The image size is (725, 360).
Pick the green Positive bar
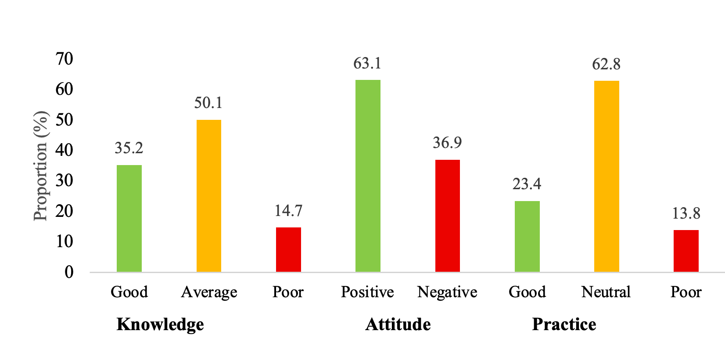pyautogui.click(x=368, y=176)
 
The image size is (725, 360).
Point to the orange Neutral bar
pyautogui.click(x=607, y=176)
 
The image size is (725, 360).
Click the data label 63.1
pyautogui.click(x=367, y=64)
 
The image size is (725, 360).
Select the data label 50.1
pyautogui.click(x=208, y=103)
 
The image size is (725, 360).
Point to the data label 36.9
pyautogui.click(x=447, y=143)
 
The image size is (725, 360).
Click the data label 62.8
pyautogui.click(x=606, y=65)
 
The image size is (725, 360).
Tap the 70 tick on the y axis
pyautogui.click(x=65, y=58)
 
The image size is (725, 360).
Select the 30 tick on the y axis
pyautogui.click(x=65, y=180)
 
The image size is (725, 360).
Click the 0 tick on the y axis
pyautogui.click(x=69, y=272)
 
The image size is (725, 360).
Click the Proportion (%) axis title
pyautogui.click(x=40, y=166)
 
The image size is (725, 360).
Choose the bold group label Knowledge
pyautogui.click(x=160, y=324)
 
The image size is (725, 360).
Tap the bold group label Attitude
pyautogui.click(x=398, y=324)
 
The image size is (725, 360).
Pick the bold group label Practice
pyautogui.click(x=564, y=324)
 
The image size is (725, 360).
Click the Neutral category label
pyautogui.click(x=606, y=292)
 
